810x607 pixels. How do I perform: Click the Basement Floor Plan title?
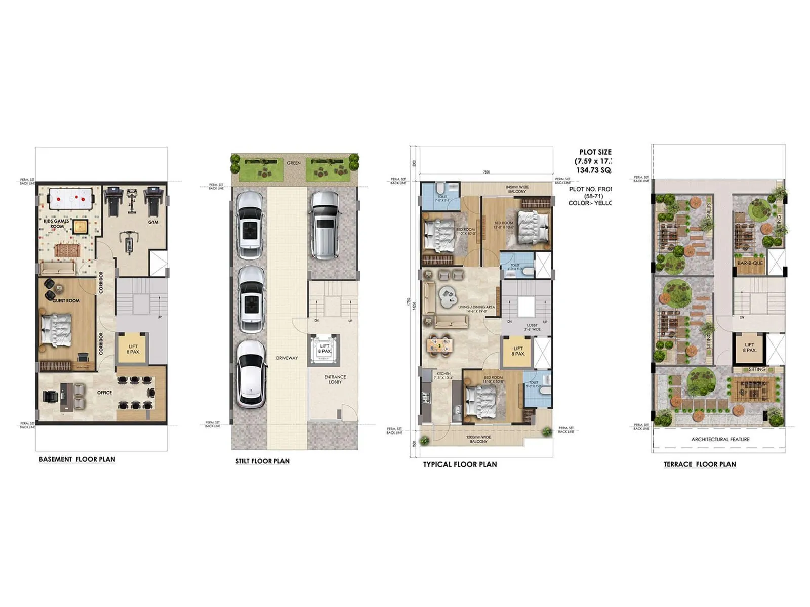tap(77, 459)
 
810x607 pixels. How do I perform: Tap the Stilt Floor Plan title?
tap(262, 461)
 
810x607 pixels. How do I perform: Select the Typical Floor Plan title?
tap(460, 464)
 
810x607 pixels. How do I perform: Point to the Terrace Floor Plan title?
tap(700, 464)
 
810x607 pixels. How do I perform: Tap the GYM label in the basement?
tap(153, 222)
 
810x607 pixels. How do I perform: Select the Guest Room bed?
tap(57, 329)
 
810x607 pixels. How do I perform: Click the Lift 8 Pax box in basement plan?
tap(133, 349)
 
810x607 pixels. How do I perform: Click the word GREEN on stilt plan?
tap(294, 163)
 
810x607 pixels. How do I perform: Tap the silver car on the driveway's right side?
tap(324, 224)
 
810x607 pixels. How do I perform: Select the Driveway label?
tap(287, 358)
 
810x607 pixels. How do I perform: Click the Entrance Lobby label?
tap(335, 379)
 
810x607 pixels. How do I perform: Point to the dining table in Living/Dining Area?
tap(439, 345)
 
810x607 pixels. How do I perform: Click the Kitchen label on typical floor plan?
tap(443, 375)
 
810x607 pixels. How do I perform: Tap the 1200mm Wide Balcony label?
tap(478, 439)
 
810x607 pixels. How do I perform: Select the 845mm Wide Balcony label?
tap(516, 189)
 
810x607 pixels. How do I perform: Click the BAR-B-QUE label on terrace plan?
tap(750, 263)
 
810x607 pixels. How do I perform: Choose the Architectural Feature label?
tap(720, 439)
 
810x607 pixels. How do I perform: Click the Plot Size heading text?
tap(595, 152)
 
